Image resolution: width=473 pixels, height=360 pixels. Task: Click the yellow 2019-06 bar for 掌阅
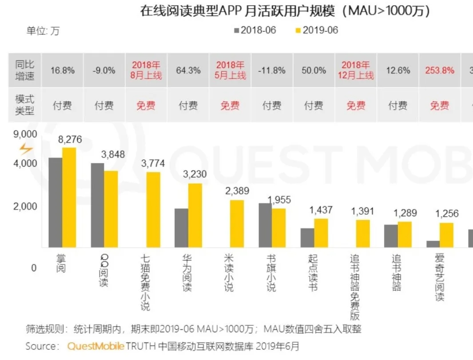[69, 197]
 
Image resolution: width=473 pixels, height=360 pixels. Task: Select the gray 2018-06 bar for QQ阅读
[97, 205]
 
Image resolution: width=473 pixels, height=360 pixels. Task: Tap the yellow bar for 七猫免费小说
[153, 210]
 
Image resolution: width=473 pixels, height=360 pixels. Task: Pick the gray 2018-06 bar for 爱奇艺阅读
[433, 244]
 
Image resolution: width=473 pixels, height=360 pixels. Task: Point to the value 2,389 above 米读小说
[237, 191]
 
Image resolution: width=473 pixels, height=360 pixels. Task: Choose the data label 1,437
[320, 210]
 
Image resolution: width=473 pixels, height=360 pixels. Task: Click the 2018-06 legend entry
[255, 30]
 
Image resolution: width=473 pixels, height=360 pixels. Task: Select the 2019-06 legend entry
[316, 30]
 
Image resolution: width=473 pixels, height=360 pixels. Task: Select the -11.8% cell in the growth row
[272, 70]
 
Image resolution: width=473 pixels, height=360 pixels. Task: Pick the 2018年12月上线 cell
[356, 70]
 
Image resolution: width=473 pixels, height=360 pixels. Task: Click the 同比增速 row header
[24, 70]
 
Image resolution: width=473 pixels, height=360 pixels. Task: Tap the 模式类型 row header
[24, 105]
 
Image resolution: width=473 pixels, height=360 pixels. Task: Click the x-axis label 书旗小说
[271, 273]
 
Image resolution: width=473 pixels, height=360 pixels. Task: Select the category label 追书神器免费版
[355, 287]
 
